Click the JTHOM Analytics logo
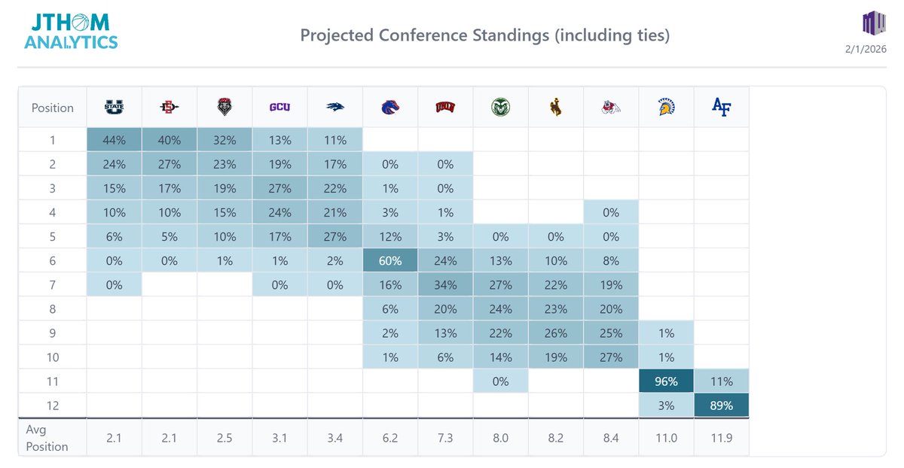(71, 32)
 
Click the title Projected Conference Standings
(484, 35)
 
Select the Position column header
(53, 108)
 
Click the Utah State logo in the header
(115, 108)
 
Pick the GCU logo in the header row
(280, 108)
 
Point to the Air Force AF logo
(721, 107)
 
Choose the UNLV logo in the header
(446, 108)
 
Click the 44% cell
(115, 140)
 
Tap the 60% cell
(390, 260)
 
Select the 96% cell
(666, 381)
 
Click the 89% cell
(721, 405)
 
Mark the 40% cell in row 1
(169, 140)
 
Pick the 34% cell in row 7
(446, 284)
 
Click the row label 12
(53, 405)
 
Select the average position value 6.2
(390, 437)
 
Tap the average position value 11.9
(721, 437)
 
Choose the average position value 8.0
(501, 437)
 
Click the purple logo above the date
(872, 23)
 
